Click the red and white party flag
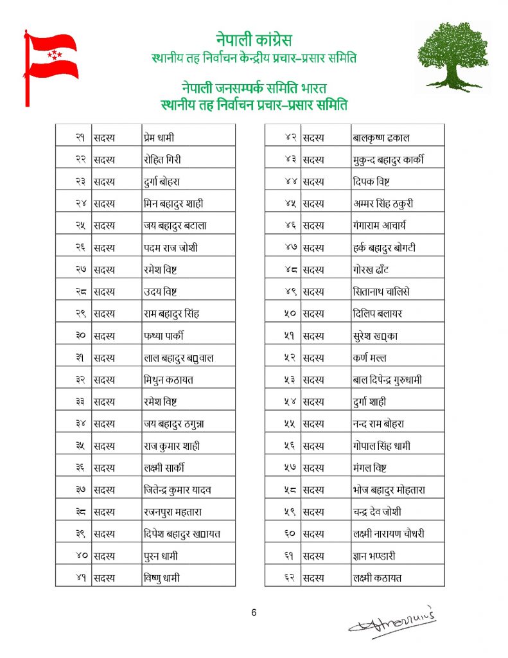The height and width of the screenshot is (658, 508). pos(51,61)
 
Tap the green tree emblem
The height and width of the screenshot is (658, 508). pos(452,57)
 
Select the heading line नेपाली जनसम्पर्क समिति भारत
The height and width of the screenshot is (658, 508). pos(254,87)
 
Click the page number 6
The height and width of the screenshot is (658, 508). pos(254,612)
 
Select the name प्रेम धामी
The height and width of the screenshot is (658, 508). pos(159,138)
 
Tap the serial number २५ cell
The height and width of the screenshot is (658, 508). pos(80,226)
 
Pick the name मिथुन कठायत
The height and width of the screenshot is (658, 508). pos(168,380)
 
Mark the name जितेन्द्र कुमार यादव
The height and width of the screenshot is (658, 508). pos(177,490)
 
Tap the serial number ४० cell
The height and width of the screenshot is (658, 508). pos(80,556)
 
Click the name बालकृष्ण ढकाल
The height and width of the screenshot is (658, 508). pos(381,138)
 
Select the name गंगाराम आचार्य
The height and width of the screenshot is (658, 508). pos(379,226)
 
